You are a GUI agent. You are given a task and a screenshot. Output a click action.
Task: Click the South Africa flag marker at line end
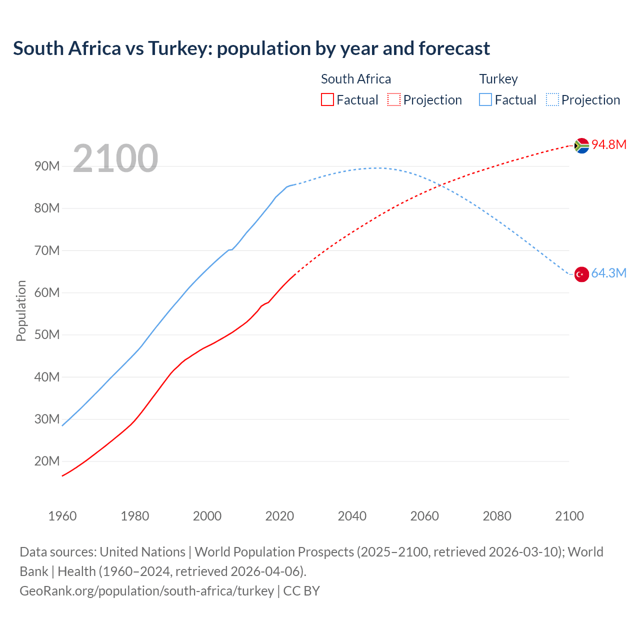click(581, 145)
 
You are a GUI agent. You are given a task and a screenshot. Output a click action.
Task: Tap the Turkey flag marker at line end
click(581, 274)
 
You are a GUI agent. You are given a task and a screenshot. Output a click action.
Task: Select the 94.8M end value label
click(609, 145)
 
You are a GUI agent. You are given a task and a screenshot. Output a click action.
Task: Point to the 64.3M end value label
click(608, 273)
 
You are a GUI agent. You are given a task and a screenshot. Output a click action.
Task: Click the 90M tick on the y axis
click(47, 166)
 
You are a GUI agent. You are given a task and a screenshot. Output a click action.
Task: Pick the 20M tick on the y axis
click(47, 461)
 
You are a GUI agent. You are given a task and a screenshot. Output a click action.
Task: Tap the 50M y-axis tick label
click(47, 334)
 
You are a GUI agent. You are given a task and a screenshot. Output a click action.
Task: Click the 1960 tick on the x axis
click(62, 516)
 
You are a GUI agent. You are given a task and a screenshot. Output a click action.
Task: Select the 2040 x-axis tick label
click(352, 516)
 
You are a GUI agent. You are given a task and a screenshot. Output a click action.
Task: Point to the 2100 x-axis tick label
click(569, 516)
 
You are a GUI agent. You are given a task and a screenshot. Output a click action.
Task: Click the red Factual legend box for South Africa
click(327, 100)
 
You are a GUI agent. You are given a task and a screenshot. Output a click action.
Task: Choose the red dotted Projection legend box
click(394, 100)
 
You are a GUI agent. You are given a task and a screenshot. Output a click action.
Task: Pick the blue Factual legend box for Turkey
click(485, 100)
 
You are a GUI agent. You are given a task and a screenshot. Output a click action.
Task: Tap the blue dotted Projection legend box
click(552, 100)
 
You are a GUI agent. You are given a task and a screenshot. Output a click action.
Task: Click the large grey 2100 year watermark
click(115, 159)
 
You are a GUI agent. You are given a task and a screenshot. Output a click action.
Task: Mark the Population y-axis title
click(21, 311)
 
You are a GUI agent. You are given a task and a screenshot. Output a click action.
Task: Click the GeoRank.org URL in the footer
click(146, 591)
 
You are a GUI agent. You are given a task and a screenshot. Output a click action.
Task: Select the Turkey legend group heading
click(498, 79)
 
